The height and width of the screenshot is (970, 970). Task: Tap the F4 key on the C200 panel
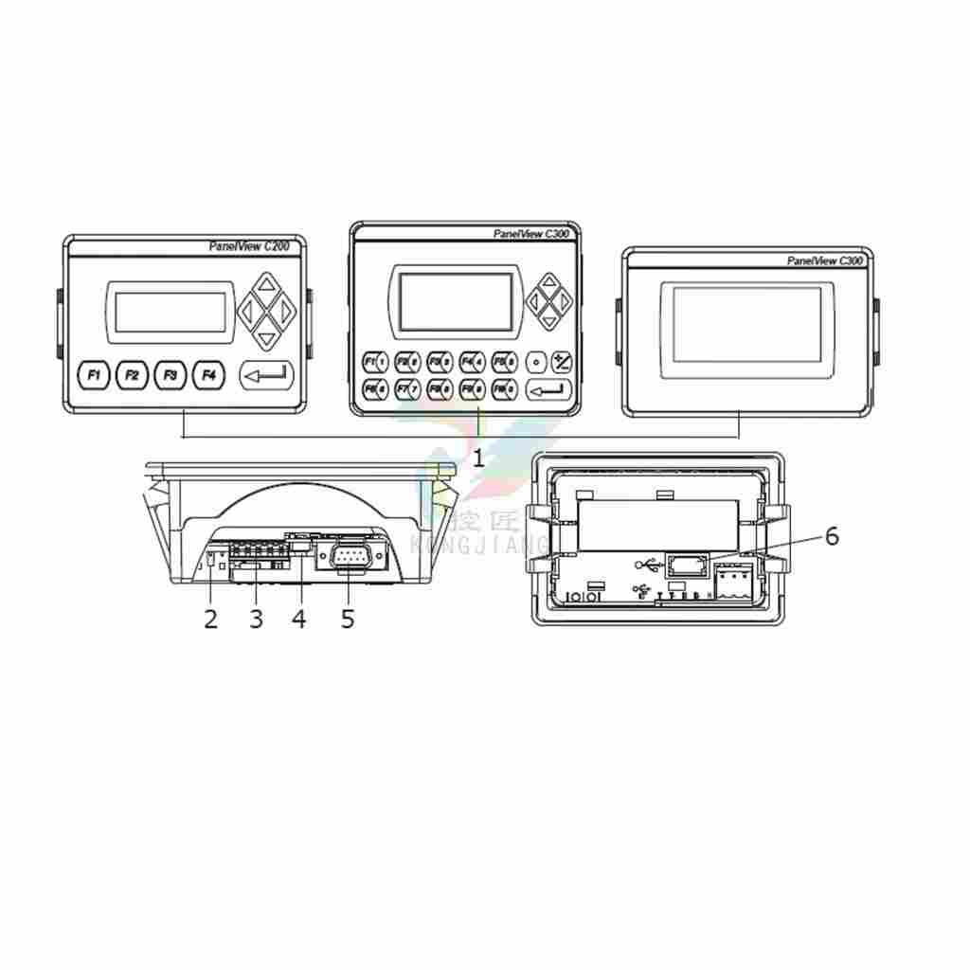[208, 376]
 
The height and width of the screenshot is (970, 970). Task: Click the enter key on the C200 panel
[266, 376]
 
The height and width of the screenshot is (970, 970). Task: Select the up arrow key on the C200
[267, 284]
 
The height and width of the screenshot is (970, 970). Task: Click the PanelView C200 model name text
[249, 246]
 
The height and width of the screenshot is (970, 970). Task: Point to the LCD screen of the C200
[170, 312]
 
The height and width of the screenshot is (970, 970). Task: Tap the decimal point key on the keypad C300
[536, 361]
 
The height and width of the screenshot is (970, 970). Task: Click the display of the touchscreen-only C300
[747, 325]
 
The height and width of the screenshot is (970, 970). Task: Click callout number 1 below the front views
[478, 458]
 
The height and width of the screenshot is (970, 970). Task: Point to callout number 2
[210, 620]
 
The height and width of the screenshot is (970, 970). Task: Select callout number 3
[256, 620]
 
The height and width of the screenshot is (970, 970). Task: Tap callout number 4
[299, 620]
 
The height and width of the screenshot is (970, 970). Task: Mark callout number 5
[348, 620]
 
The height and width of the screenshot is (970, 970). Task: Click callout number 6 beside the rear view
[832, 537]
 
